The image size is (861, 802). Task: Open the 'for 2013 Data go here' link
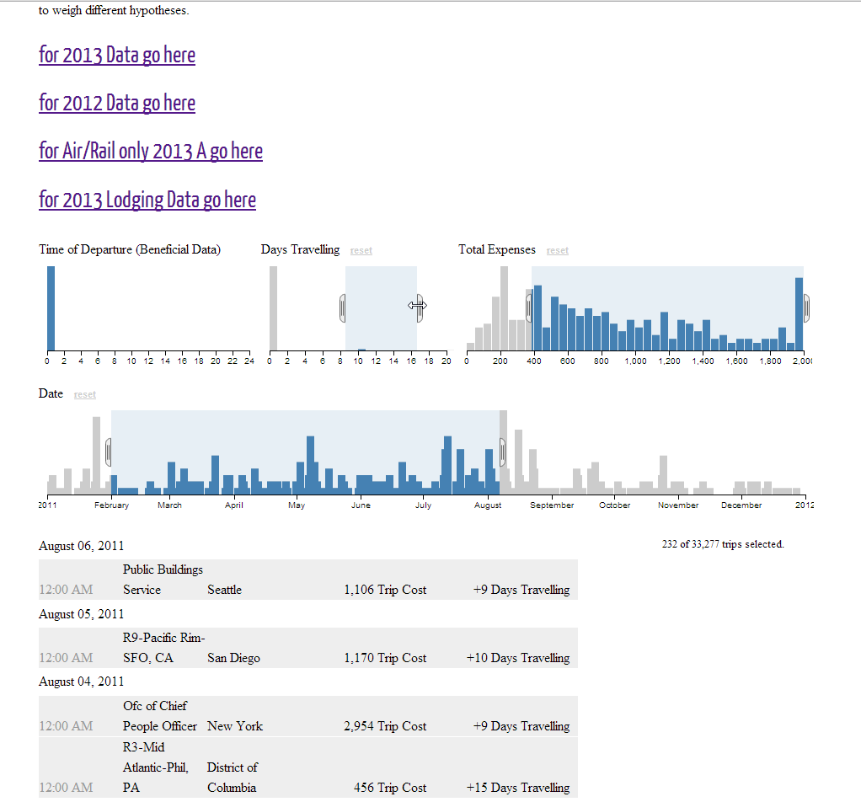click(x=117, y=56)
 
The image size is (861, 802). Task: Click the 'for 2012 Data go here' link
click(x=117, y=104)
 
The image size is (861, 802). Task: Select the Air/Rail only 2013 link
click(x=151, y=152)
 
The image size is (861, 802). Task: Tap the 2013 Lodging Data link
click(x=147, y=200)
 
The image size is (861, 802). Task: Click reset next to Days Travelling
click(x=361, y=250)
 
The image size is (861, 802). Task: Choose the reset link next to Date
click(x=84, y=394)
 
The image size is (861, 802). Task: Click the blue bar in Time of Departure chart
click(x=51, y=307)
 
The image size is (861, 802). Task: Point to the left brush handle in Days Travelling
click(x=343, y=307)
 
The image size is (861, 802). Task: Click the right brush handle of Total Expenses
click(x=806, y=307)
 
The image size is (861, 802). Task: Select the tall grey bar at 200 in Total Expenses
click(x=504, y=307)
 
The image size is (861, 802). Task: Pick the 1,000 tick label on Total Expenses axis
click(x=635, y=361)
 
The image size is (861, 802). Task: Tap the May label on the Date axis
click(x=297, y=505)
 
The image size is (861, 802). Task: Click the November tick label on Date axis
click(x=678, y=505)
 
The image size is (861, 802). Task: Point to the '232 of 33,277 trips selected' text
click(x=723, y=544)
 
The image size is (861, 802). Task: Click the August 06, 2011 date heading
click(x=81, y=546)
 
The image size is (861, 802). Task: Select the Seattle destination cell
click(x=224, y=590)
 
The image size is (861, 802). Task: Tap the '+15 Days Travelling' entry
click(x=518, y=788)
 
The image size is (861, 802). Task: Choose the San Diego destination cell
click(x=233, y=658)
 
